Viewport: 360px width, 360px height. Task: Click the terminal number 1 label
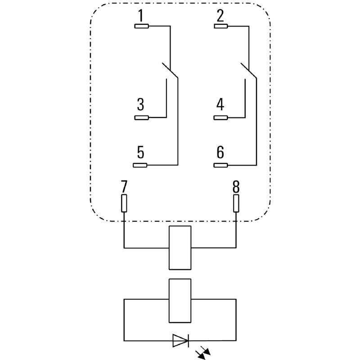141,16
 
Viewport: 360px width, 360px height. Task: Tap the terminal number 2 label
220,16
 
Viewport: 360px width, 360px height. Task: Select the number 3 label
141,105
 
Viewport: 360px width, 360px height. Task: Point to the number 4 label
220,105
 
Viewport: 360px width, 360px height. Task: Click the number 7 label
124,186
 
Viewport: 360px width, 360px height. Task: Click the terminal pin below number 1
142,26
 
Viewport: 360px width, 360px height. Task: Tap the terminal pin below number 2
221,26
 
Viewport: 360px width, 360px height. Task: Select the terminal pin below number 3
142,118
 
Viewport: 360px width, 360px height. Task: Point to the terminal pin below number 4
221,118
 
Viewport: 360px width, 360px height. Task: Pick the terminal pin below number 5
142,165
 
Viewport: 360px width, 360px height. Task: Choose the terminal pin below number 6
221,165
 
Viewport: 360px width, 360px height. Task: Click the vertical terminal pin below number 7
124,203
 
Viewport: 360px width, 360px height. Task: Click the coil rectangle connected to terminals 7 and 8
180,247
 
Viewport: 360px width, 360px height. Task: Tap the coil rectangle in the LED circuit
180,301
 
